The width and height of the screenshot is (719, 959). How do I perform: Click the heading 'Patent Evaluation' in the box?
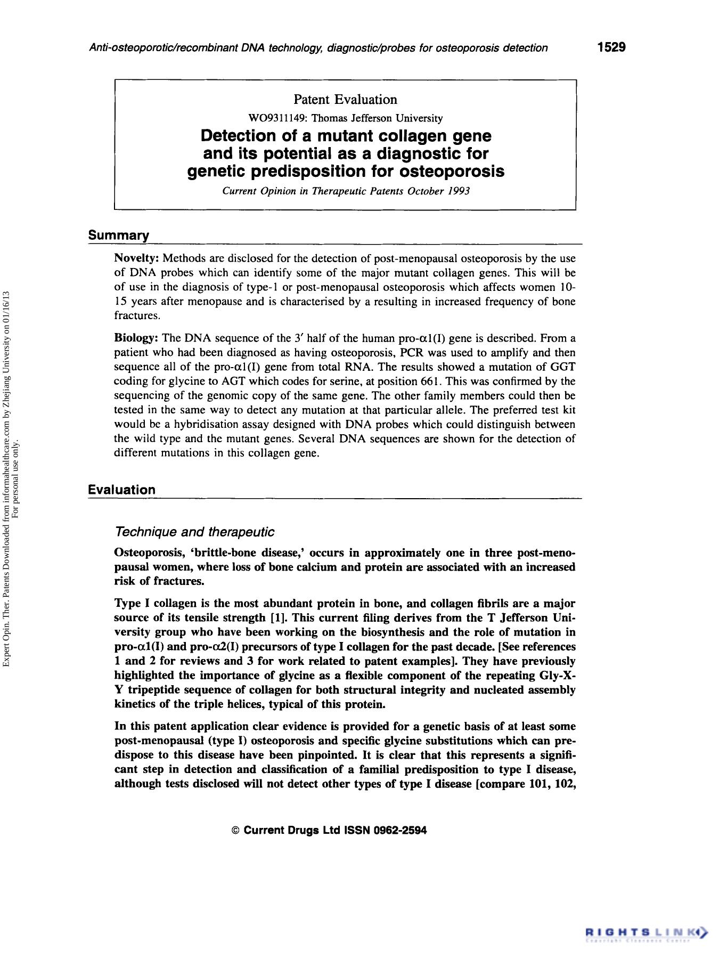345,100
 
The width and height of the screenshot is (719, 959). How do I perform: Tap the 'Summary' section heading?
118,235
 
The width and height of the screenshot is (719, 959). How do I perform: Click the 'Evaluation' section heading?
121,490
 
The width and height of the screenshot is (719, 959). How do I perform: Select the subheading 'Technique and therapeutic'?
194,532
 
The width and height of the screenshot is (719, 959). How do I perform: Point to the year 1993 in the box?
459,191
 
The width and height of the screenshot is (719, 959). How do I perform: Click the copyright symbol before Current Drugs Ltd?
236,831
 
